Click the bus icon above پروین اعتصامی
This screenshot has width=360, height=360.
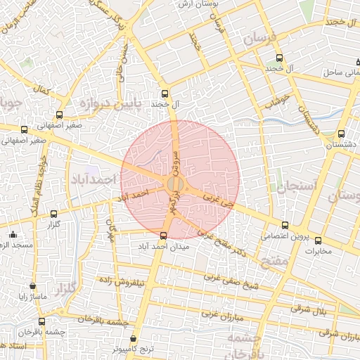pos(285,226)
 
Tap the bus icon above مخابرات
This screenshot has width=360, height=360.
pos(318,240)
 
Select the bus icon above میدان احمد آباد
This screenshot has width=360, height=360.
pos(165,236)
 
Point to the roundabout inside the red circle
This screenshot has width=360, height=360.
pos(176,184)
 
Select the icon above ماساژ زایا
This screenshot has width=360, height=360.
pos(32,286)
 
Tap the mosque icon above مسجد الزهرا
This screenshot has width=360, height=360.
pos(12,234)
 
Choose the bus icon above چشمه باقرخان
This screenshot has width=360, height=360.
pos(41,321)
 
